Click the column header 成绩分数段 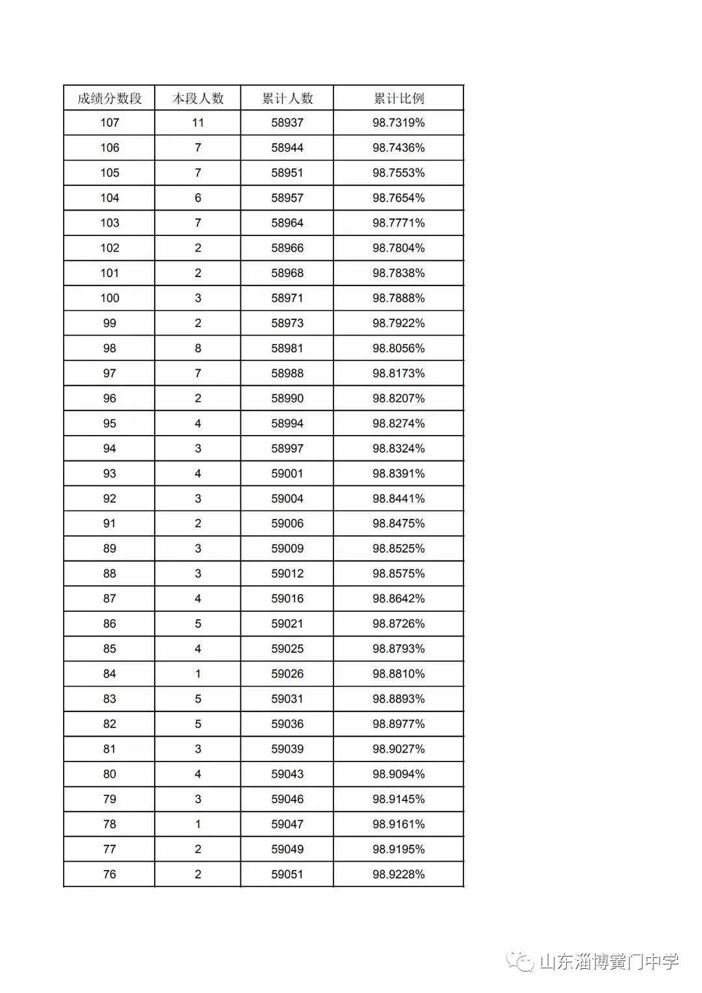pos(109,98)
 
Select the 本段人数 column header pos(198,98)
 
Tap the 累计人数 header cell pos(287,98)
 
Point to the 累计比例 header pos(398,98)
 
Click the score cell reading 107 pos(109,123)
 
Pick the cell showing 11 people pos(198,123)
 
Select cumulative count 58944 pos(287,148)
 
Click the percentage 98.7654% pos(398,198)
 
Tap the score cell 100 pos(109,298)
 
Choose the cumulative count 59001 pos(287,473)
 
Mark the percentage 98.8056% pos(398,349)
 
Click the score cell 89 pos(109,549)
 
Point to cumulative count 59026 pos(287,674)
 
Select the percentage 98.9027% pos(398,749)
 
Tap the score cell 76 pos(109,875)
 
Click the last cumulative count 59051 pos(287,875)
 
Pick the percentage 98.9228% pos(398,875)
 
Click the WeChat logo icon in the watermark pos(521,961)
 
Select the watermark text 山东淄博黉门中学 pos(609,962)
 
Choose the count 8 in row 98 pos(198,349)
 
